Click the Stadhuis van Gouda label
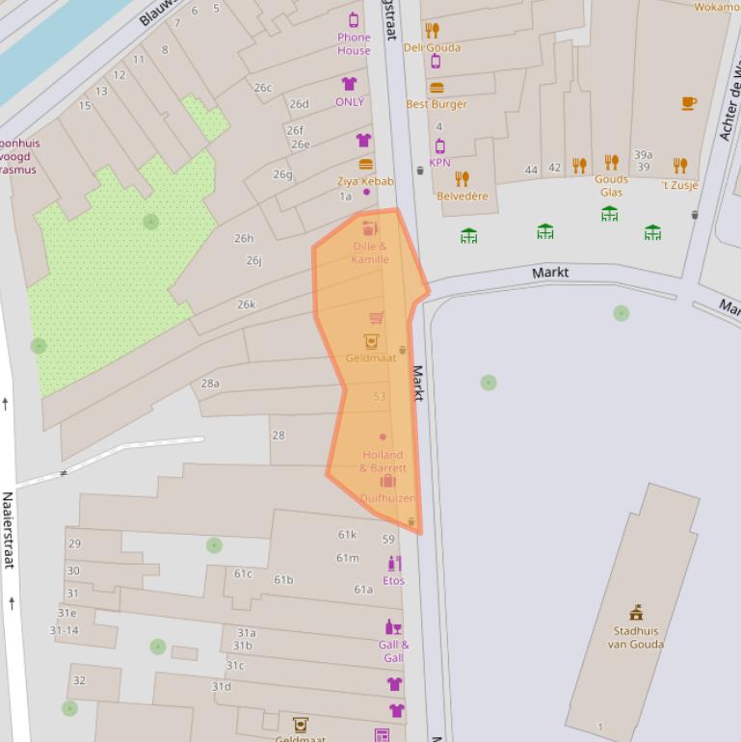(x=635, y=638)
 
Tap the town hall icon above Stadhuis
(x=636, y=613)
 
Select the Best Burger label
(x=436, y=104)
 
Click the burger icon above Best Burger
(x=436, y=88)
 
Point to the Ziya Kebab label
(x=365, y=181)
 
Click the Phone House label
(x=354, y=44)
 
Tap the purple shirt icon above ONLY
(x=349, y=85)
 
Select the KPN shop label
(x=439, y=163)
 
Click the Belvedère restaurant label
(x=463, y=196)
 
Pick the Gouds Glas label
(x=611, y=185)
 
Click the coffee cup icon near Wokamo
(x=689, y=103)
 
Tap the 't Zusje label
(x=679, y=185)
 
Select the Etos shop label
(x=393, y=580)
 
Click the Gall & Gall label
(x=393, y=651)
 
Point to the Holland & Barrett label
(x=383, y=461)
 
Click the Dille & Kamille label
(x=370, y=252)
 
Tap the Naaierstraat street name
(x=8, y=530)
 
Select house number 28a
(x=210, y=384)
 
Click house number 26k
(x=246, y=305)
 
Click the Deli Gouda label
(x=432, y=47)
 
